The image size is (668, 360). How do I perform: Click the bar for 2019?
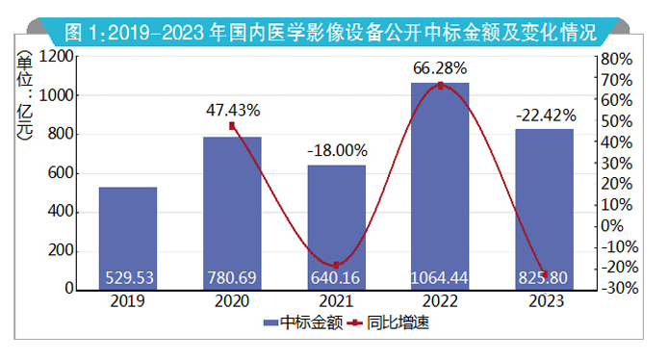[128, 231]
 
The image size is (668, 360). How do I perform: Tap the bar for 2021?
[336, 221]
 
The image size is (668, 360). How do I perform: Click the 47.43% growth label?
[233, 110]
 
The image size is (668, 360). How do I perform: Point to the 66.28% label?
[440, 67]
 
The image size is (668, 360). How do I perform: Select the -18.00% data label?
[337, 150]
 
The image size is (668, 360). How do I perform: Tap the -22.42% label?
[544, 116]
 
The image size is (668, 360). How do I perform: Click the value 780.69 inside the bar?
[232, 278]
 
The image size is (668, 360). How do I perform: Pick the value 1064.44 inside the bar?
[440, 278]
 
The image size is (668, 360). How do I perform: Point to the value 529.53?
[128, 278]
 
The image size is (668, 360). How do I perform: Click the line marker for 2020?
[232, 126]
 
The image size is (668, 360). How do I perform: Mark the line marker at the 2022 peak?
[440, 86]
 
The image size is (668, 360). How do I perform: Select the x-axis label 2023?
[544, 300]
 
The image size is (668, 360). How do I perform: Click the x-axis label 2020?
[232, 300]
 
